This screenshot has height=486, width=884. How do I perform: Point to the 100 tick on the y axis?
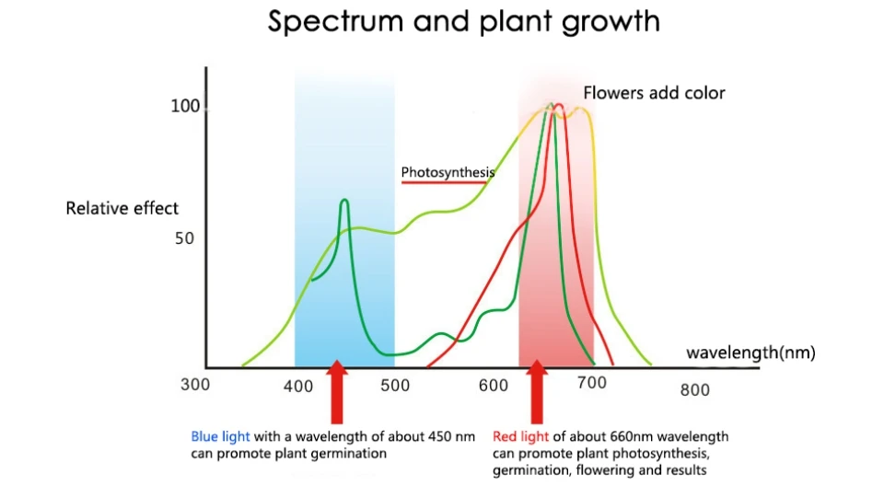point(185,107)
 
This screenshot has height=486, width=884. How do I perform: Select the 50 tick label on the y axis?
point(186,238)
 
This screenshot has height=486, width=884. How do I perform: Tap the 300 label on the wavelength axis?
point(195,385)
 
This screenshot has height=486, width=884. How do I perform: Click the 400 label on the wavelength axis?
point(298,386)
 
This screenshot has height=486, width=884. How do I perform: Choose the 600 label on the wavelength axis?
point(494,386)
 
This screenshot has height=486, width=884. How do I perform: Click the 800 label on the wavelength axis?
point(695,389)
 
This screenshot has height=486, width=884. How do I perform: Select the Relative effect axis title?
point(122,209)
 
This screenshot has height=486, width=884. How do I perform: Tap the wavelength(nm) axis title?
point(750,353)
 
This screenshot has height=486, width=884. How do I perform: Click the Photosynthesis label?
point(448,172)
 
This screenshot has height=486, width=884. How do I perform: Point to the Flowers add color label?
point(654,93)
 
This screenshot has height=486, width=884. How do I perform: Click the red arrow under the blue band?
point(337,391)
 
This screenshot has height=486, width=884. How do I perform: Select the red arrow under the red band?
point(537,391)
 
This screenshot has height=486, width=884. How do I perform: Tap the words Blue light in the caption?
point(220,436)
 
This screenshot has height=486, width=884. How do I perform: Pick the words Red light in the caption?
point(520,436)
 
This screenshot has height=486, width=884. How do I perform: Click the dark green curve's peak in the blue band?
point(344,200)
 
